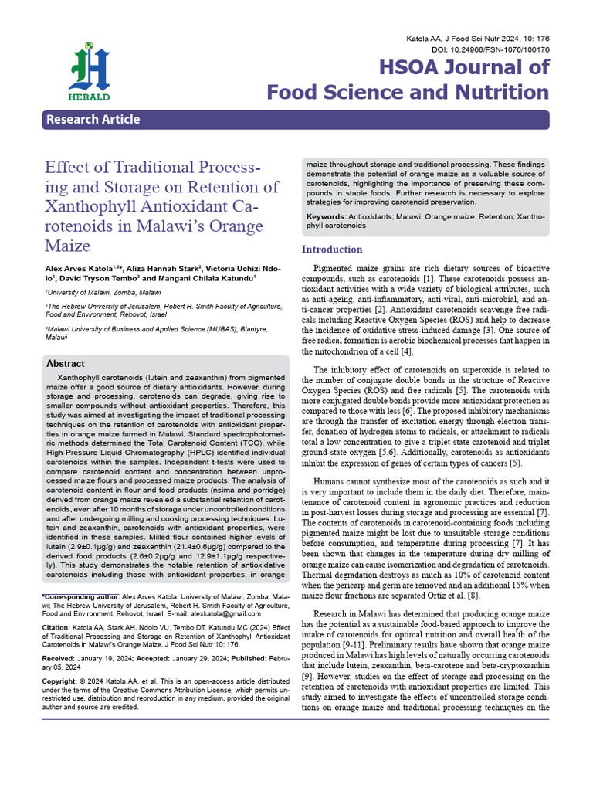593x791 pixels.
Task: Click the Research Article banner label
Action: tap(93, 119)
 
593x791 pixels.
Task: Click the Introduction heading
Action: tap(332, 250)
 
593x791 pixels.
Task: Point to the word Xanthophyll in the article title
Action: tap(100, 207)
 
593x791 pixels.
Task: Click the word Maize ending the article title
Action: tap(68, 246)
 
